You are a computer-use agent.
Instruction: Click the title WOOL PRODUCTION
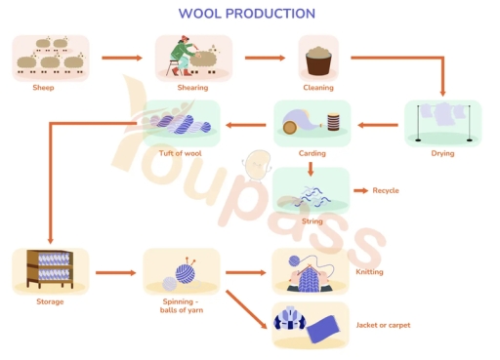click(x=246, y=14)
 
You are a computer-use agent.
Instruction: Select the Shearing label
click(x=192, y=87)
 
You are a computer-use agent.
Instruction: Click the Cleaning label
click(x=317, y=87)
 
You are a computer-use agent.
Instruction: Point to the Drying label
click(x=442, y=153)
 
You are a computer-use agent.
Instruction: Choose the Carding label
click(x=312, y=153)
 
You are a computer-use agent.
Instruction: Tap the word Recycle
click(x=386, y=190)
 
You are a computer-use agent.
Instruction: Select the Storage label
click(x=50, y=301)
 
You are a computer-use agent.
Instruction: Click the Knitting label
click(x=369, y=272)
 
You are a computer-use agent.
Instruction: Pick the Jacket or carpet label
click(x=383, y=325)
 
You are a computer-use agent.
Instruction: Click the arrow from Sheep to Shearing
click(x=121, y=59)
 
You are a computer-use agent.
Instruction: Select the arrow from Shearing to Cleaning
click(x=265, y=59)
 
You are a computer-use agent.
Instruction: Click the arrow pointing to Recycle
click(x=358, y=190)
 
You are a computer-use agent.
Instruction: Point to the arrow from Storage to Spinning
click(x=115, y=273)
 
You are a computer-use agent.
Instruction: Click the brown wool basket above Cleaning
click(x=317, y=60)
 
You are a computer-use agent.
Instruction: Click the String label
click(x=312, y=221)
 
